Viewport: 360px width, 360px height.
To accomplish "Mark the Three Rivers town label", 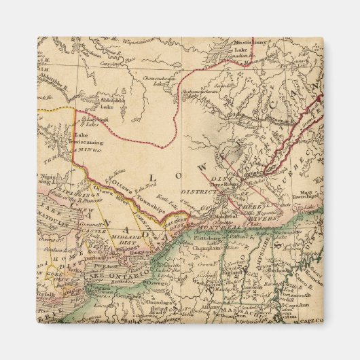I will pyautogui.click(x=223, y=184).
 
